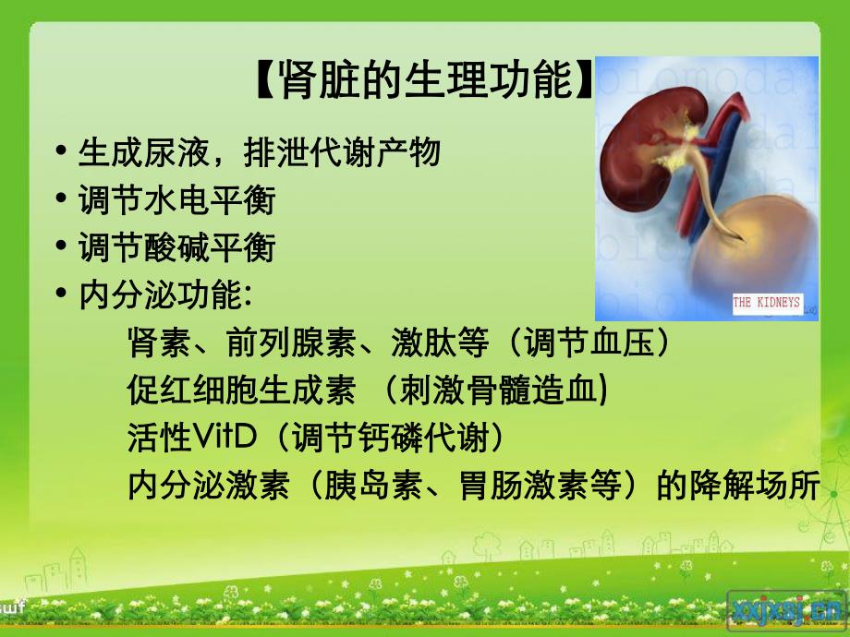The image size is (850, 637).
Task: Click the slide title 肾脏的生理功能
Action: [x=424, y=82]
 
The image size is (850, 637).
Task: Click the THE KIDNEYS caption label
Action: [x=766, y=302]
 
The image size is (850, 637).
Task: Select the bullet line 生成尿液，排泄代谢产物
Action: [x=259, y=152]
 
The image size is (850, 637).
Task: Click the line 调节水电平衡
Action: [x=176, y=199]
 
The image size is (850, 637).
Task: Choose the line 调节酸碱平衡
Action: [x=176, y=247]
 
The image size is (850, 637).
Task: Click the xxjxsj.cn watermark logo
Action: [x=786, y=609]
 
